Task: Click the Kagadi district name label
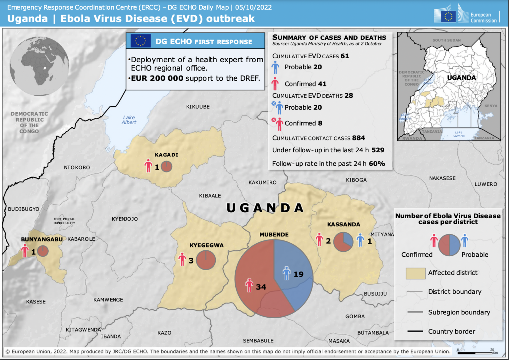166,155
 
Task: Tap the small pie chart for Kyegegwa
206,260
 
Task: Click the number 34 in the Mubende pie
261,287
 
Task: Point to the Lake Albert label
129,120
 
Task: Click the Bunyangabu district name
42,239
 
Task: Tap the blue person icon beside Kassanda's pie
360,240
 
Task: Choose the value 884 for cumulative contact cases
359,138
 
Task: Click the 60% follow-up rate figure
377,164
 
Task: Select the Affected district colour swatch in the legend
415,273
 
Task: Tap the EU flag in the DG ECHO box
141,41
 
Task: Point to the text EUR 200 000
157,78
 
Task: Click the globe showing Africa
39,66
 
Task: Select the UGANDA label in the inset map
461,77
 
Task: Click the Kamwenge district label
108,300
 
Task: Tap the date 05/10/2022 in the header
254,7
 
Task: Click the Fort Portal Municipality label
64,221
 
